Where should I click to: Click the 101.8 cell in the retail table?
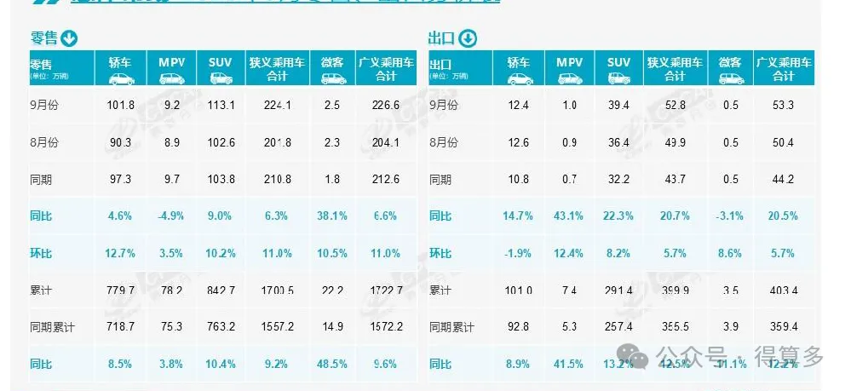pos(123,106)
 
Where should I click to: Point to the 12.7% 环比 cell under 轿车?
pos(123,253)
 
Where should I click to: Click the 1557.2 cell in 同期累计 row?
pos(279,327)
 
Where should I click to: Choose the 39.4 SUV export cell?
pos(619,106)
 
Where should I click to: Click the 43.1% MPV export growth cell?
pos(570,216)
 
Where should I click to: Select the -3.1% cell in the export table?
pos(731,216)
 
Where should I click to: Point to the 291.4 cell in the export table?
pos(619,290)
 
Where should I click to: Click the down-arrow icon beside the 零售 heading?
pos(69,38)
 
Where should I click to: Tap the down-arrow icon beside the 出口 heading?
pos(469,38)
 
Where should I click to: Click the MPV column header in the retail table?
pos(172,62)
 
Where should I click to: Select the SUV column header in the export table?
pos(619,62)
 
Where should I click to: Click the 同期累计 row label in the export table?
pos(451,327)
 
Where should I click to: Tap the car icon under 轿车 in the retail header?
pos(123,78)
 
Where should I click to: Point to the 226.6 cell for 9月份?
pos(386,106)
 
